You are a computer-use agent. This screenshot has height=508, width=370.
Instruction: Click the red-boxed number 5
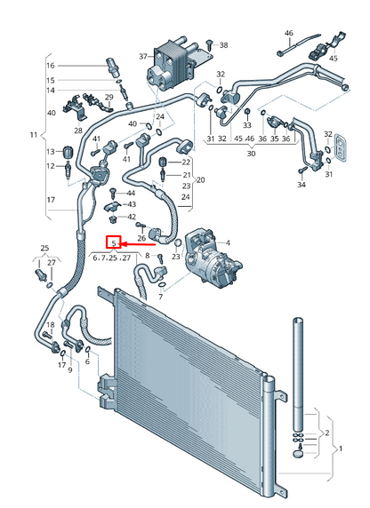click(x=113, y=242)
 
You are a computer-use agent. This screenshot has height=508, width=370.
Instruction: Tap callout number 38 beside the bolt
click(x=223, y=44)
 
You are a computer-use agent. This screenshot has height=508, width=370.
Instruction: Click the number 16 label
click(x=50, y=66)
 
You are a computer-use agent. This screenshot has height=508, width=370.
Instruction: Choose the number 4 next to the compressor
click(x=227, y=242)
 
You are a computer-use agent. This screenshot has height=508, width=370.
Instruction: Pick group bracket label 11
click(x=34, y=135)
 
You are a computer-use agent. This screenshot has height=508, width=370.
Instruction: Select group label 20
click(x=200, y=179)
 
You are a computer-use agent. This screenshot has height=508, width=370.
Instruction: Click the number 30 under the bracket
click(x=251, y=154)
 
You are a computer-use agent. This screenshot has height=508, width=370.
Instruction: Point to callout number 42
click(x=132, y=217)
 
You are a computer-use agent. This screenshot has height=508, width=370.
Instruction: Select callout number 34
click(x=302, y=185)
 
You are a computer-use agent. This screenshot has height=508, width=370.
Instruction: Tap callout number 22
click(x=186, y=162)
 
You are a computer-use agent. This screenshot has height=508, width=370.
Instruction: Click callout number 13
click(x=50, y=150)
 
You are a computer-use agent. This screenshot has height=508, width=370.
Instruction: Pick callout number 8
click(x=148, y=256)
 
